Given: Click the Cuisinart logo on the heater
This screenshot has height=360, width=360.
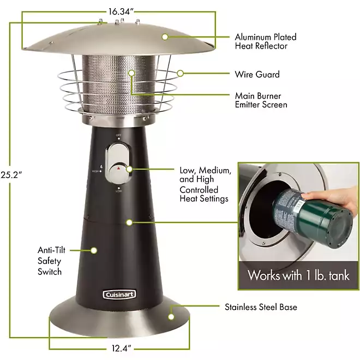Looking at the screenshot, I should point(119,295).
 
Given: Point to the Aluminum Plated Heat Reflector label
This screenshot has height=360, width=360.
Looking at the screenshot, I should point(266,41).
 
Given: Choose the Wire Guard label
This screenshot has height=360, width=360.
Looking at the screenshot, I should point(257,74).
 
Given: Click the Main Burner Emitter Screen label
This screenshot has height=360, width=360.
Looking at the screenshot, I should point(261,100).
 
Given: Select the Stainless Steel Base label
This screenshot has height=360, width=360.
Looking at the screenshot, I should point(261,307).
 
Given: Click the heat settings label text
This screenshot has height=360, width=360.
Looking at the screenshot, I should point(205,184).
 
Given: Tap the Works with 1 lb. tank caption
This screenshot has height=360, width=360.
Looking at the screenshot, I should point(298,274).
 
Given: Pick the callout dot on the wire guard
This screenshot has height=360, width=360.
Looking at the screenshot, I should point(181,73).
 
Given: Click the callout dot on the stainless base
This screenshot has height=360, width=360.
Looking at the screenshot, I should point(171,315).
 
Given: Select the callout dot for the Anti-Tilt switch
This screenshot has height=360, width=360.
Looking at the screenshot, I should point(93,250).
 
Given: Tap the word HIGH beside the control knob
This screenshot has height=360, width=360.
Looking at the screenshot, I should point(96,171).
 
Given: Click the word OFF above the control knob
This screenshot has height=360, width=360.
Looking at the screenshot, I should point(118,135).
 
